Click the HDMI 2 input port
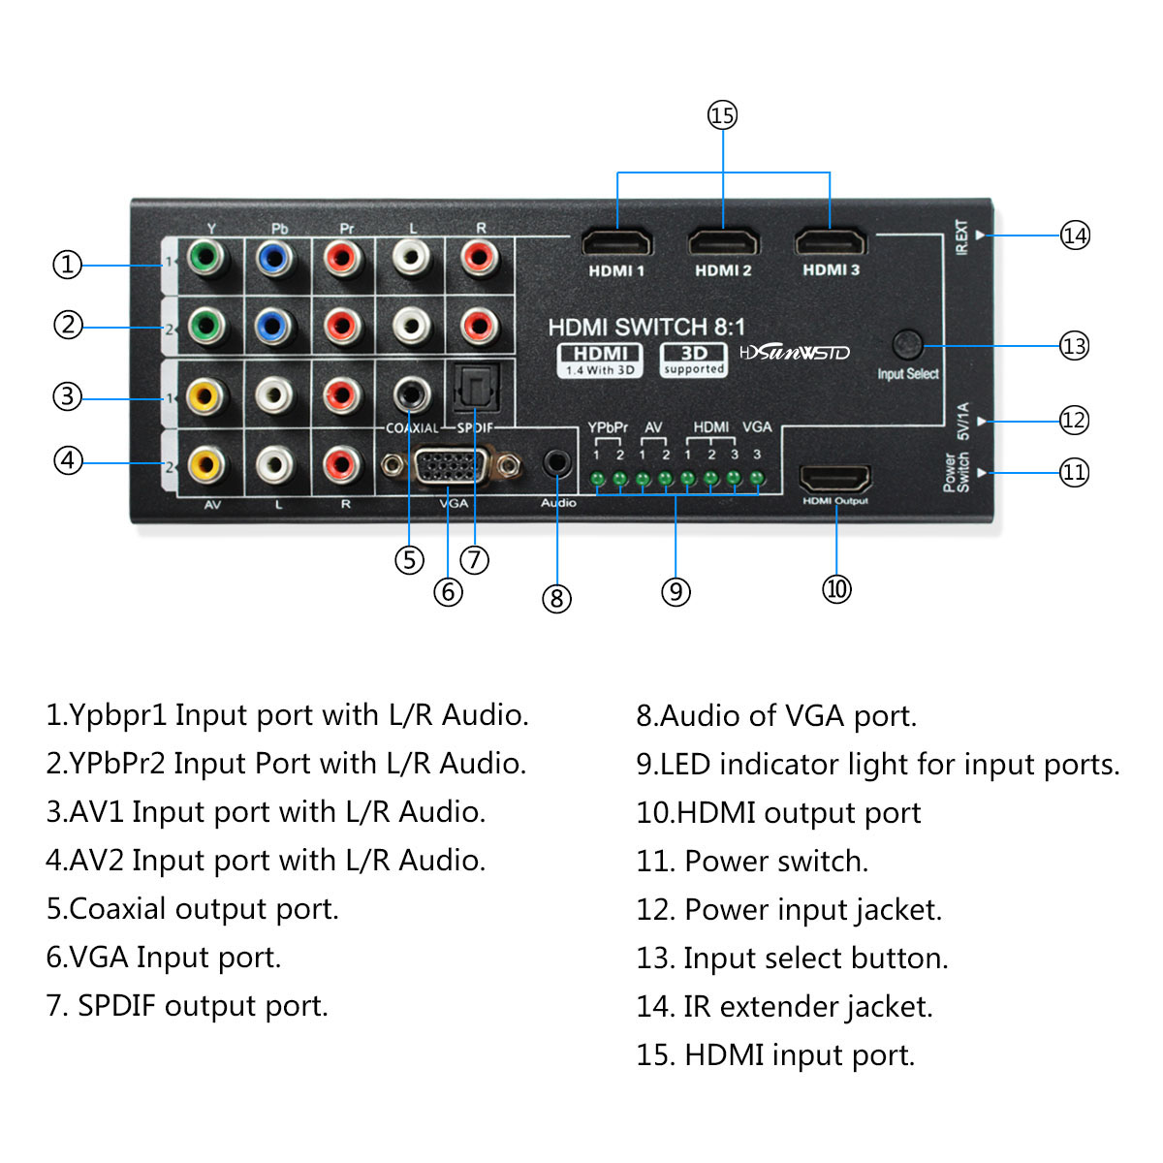[x=723, y=242]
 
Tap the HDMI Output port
[x=834, y=479]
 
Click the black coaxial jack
[x=412, y=393]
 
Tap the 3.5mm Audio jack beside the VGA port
[x=556, y=463]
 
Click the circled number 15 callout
[x=722, y=115]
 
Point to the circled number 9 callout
[x=676, y=591]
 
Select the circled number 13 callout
[x=1074, y=346]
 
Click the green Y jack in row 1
[x=205, y=258]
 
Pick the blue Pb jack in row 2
[x=273, y=327]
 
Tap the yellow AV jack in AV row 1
[x=204, y=395]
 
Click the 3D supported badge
[x=694, y=360]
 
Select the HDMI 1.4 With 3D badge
[x=600, y=360]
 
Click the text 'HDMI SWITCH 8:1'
[x=646, y=327]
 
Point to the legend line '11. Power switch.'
[x=752, y=861]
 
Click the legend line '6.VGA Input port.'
[x=163, y=958]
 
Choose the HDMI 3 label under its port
[x=831, y=269]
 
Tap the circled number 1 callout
[x=67, y=265]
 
